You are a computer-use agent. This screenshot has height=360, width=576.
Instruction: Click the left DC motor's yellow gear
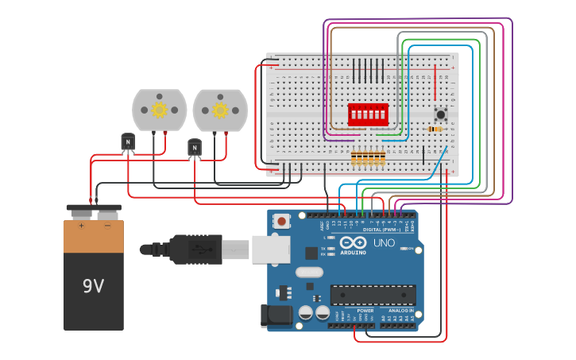tap(159, 110)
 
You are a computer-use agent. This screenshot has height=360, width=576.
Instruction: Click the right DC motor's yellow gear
tap(220, 110)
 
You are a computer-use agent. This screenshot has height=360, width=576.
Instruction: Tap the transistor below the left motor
tap(128, 141)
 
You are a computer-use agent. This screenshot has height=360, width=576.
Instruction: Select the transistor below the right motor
tap(195, 147)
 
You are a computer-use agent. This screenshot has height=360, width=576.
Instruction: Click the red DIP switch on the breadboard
tap(368, 114)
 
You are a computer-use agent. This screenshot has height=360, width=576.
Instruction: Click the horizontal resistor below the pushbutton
tap(436, 129)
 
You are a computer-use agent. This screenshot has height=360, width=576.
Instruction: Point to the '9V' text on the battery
tap(93, 285)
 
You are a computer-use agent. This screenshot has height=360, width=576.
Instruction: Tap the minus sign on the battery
tap(107, 226)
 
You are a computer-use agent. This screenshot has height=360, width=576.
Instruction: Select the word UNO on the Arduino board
tap(385, 243)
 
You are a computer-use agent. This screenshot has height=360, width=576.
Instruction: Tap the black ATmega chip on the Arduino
tap(373, 294)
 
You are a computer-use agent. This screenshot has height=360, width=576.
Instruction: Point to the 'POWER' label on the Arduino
tap(354, 311)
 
